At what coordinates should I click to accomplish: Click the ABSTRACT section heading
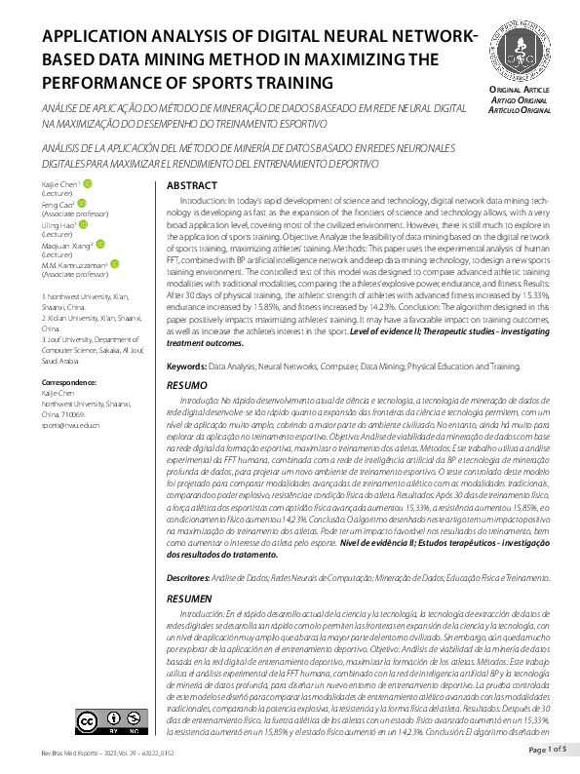191,185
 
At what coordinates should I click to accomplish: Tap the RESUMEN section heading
189,598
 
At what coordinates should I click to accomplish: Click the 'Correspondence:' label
73,383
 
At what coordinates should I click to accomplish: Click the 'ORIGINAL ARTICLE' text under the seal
521,90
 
